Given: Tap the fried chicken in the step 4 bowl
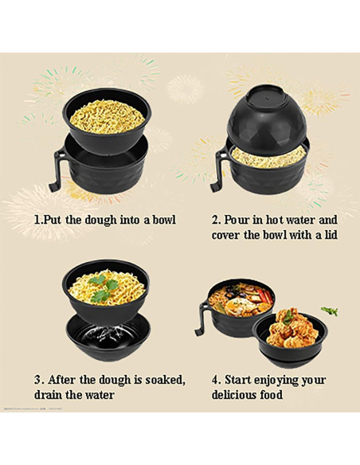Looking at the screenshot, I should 288,324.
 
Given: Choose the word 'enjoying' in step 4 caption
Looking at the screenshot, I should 284,379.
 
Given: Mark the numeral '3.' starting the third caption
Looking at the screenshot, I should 37,379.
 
